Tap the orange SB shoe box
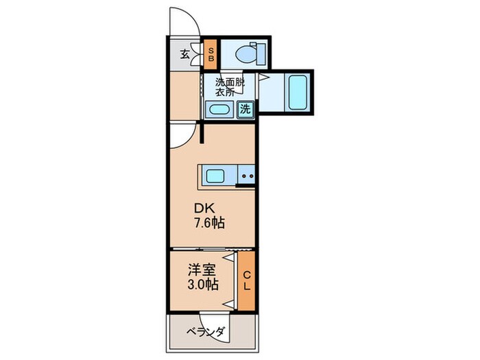[x=211, y=54]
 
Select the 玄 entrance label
[x=184, y=54]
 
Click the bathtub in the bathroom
[x=297, y=93]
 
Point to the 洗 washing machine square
[x=245, y=109]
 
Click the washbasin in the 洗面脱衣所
[x=219, y=110]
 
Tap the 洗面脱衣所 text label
[x=230, y=87]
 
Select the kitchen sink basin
[x=215, y=176]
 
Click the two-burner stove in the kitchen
[x=247, y=176]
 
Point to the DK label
[x=205, y=208]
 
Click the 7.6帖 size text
[x=209, y=223]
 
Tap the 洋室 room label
[x=202, y=270]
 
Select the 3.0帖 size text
[x=203, y=285]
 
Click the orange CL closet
[x=246, y=281]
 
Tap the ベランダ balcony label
[x=206, y=332]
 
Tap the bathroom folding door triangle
[x=264, y=77]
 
